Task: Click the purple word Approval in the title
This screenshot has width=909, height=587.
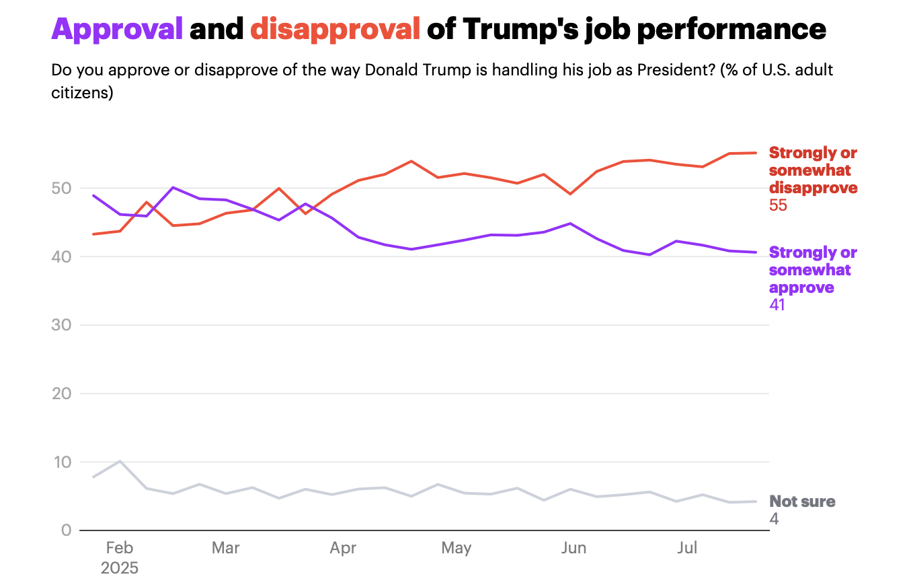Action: [x=117, y=30]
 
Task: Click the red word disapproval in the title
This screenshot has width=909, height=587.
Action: [x=335, y=30]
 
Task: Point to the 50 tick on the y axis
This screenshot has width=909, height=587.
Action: [x=61, y=188]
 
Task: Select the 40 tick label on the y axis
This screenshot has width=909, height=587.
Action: [x=61, y=257]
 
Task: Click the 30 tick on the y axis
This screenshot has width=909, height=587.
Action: [x=61, y=325]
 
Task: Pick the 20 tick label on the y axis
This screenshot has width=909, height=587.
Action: [x=61, y=394]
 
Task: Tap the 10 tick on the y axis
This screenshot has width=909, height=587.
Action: [x=62, y=462]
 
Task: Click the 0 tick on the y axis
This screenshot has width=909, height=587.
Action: [x=66, y=530]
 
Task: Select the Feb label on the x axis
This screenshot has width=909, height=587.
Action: [x=120, y=549]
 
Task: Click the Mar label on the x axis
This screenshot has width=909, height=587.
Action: [x=225, y=549]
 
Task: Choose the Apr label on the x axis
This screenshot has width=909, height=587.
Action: [x=343, y=549]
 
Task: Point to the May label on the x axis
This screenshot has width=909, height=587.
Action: [x=457, y=549]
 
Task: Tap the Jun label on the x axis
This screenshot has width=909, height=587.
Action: [x=574, y=549]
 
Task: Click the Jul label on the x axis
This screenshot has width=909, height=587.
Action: [x=687, y=549]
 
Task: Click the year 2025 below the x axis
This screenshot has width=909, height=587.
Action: [x=120, y=568]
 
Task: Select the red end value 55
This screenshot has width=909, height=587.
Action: [x=778, y=205]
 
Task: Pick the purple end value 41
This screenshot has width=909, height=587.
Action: [x=777, y=305]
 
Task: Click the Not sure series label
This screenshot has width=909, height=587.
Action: [x=802, y=502]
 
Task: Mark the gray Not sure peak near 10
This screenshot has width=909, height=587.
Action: [x=120, y=461]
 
